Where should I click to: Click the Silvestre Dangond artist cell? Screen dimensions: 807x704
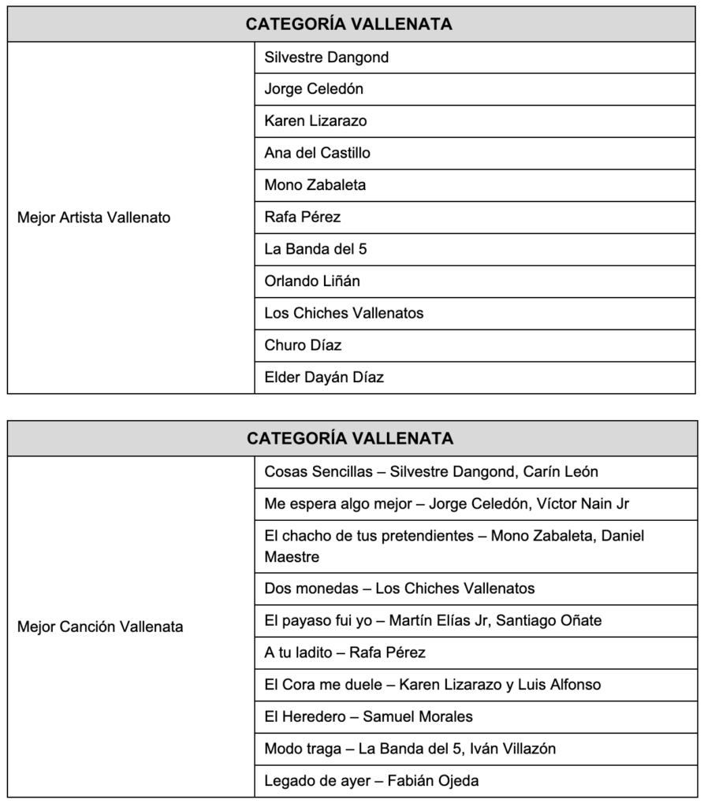(x=326, y=58)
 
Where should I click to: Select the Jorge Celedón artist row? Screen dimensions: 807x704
(x=314, y=89)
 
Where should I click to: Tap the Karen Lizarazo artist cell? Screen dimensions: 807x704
(x=315, y=121)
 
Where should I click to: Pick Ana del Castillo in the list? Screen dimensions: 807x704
(x=317, y=153)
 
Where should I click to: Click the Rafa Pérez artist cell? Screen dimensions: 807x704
(x=303, y=217)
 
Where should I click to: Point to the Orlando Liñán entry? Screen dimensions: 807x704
(x=312, y=281)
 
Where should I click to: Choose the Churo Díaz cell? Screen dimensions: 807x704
(x=303, y=345)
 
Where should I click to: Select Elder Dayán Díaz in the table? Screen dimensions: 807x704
(x=324, y=377)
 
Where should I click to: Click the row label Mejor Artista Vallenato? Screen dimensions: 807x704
(x=94, y=218)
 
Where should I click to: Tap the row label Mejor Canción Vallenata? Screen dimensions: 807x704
(x=100, y=627)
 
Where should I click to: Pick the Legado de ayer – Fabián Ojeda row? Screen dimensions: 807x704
(x=371, y=781)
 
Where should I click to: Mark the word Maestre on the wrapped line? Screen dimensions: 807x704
(x=292, y=557)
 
